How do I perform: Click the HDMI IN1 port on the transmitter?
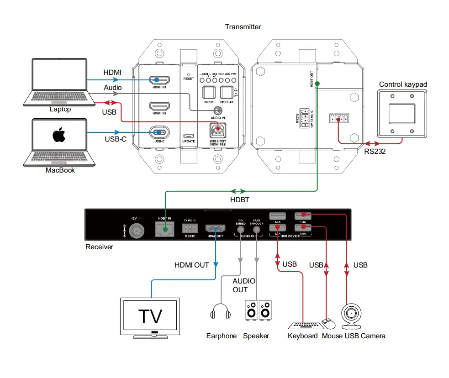(157, 80)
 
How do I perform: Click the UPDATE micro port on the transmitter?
(188, 136)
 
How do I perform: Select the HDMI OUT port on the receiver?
(214, 228)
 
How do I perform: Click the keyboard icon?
(303, 325)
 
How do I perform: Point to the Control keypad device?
(401, 112)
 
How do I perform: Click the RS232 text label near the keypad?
(375, 151)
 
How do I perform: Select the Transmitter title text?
(243, 27)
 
